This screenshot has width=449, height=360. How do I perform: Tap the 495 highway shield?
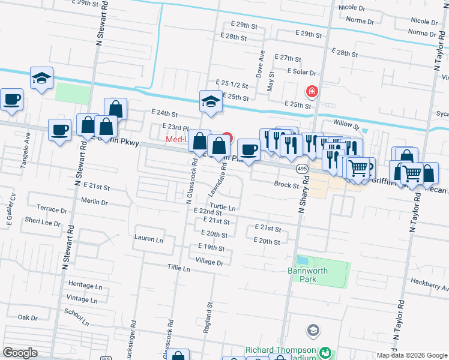(x=302, y=169)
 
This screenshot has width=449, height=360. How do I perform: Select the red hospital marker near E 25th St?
(x=312, y=91)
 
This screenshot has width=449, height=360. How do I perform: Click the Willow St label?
(x=346, y=124)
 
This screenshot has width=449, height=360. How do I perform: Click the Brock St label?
(x=286, y=185)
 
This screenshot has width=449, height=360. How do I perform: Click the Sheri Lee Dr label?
(x=42, y=223)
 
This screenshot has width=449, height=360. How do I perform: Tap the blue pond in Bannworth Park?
(x=302, y=262)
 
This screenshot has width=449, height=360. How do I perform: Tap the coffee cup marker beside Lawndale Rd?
(x=249, y=149)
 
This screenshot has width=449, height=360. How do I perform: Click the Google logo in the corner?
(x=20, y=353)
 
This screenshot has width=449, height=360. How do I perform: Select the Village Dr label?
(x=209, y=262)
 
